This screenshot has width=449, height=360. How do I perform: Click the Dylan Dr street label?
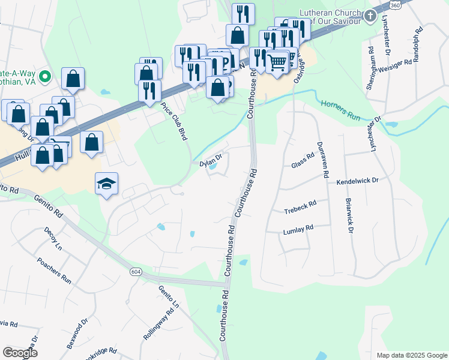coord(211,159)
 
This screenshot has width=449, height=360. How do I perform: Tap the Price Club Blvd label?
coord(174,121)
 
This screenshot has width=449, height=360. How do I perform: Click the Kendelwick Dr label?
coord(357,180)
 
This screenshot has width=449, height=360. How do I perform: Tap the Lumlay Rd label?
coord(298,229)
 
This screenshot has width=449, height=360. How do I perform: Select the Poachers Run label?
coord(62,272)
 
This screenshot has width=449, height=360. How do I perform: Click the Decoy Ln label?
coord(53,238)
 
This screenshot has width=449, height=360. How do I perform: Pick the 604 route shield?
coord(136,272)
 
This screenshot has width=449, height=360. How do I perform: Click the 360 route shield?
coord(394,5)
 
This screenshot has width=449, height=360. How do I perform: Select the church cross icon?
coord(370,15)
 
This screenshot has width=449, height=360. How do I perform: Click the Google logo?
coord(20,353)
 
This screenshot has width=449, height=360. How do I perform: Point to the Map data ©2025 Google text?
coord(411,355)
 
